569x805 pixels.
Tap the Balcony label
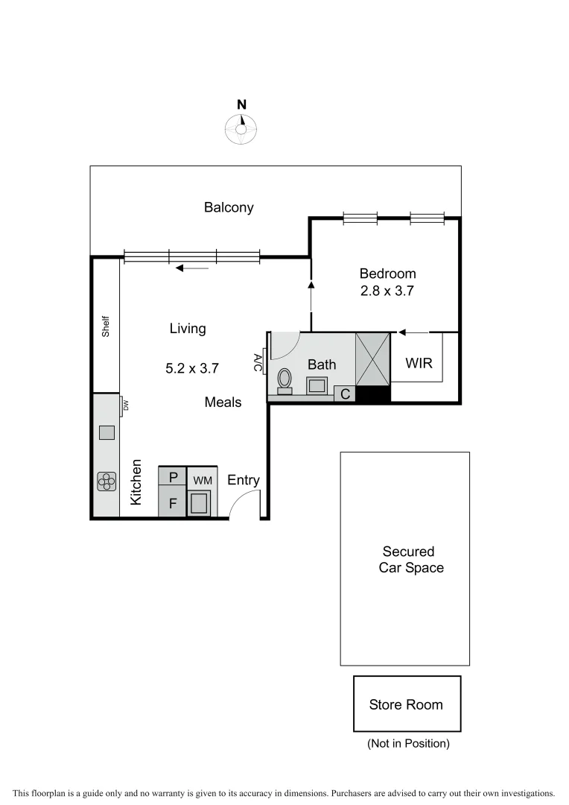tap(229, 208)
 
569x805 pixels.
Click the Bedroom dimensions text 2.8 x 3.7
tap(387, 291)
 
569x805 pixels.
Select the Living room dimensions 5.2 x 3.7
tap(192, 367)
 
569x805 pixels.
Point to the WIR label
tap(419, 364)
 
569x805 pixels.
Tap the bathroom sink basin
tap(317, 385)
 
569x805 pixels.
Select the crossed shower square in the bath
tap(372, 360)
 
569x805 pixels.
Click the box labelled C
tap(345, 394)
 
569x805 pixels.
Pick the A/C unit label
tap(258, 363)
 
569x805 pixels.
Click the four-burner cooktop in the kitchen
tap(107, 482)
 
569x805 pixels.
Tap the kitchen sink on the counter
tap(107, 432)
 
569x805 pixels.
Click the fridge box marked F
tap(173, 503)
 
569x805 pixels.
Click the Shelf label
tap(106, 327)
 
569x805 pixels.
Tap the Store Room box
tap(407, 704)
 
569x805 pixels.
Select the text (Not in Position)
tap(408, 744)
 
